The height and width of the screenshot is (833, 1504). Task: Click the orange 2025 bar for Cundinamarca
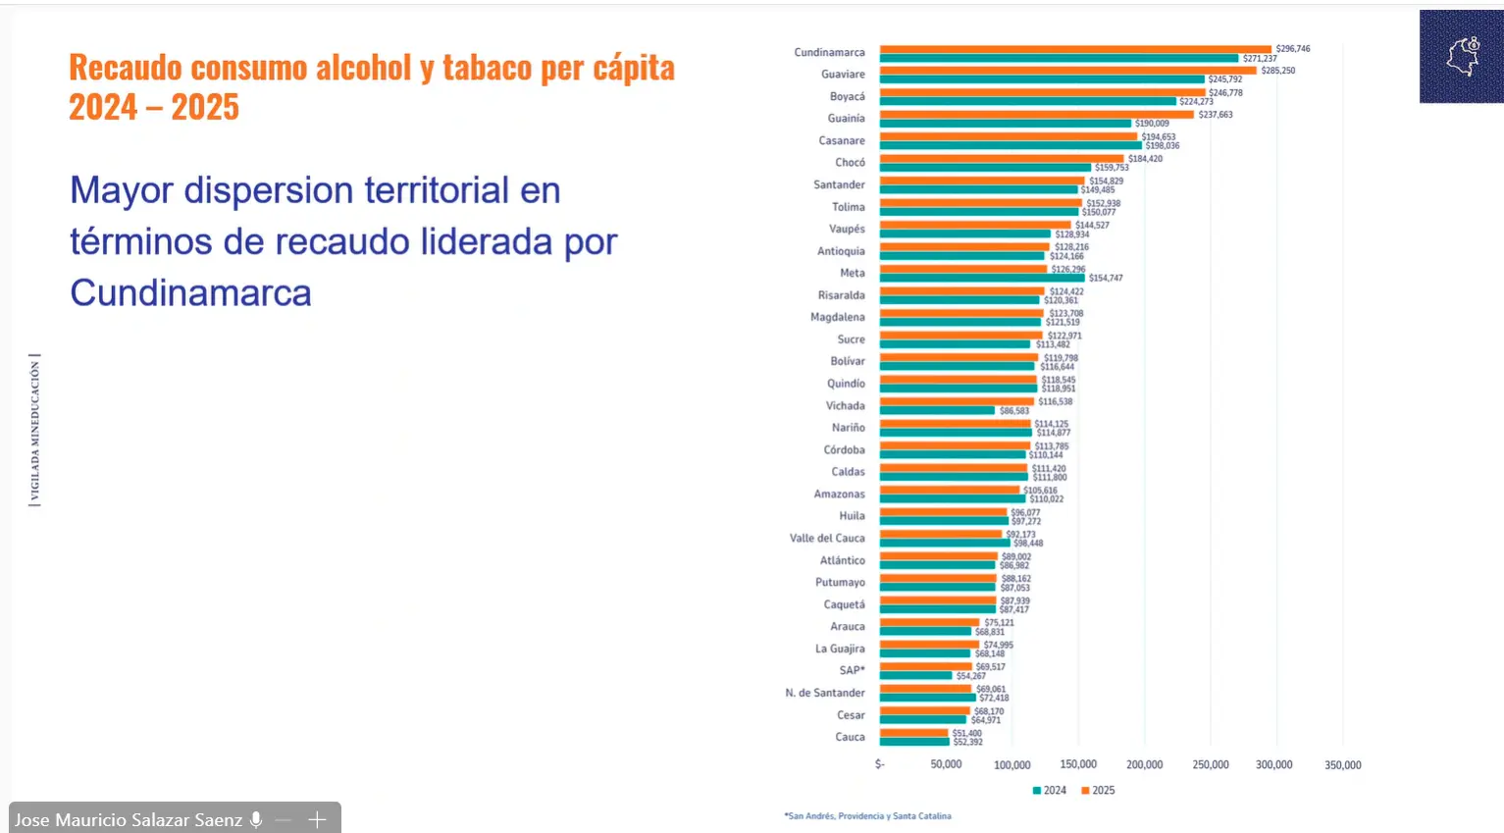1074,49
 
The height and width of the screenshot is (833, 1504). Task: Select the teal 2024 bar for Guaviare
1041,79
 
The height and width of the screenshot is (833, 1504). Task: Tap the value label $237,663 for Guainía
1215,115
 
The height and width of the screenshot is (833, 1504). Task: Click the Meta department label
852,273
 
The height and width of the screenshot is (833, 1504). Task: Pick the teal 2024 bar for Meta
981,278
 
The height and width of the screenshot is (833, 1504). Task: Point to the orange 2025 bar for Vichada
957,401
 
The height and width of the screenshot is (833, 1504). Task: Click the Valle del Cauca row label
827,538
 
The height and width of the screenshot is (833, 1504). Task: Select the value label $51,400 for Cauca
966,733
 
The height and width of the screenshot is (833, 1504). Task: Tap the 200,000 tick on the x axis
1144,764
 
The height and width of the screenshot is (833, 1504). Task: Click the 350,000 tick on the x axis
1342,764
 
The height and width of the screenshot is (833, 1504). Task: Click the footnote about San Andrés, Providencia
867,815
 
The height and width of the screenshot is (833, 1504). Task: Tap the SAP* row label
852,670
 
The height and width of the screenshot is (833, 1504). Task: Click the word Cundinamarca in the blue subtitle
190,292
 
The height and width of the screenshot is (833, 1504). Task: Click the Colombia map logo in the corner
1462,57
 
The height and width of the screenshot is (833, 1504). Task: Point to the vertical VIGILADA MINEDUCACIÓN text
35,430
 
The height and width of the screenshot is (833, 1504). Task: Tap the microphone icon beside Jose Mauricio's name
256,819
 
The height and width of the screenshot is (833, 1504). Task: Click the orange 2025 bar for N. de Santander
925,689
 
